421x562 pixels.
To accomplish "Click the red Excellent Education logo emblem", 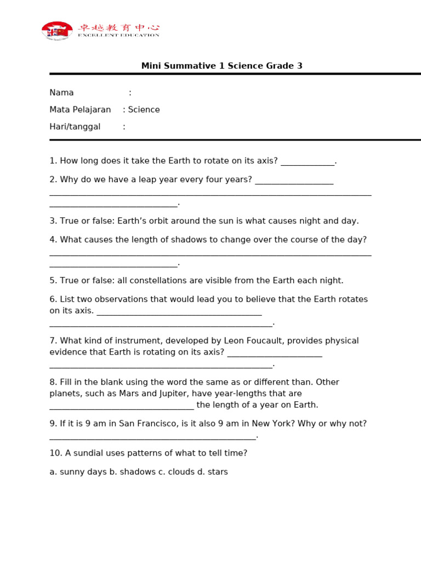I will pos(57,31).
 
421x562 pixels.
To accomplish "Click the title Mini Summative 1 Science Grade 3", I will pos(221,66).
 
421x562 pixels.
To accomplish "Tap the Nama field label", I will pos(61,93).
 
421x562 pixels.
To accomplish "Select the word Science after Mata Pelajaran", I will pos(144,110).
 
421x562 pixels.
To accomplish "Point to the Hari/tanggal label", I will pos(75,127).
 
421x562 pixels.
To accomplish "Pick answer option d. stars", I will pos(213,472).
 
